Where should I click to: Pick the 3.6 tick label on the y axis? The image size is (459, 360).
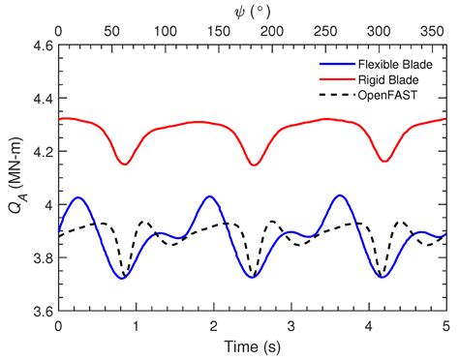pyautogui.click(x=40, y=311)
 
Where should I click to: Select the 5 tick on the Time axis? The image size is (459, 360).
pyautogui.click(x=446, y=325)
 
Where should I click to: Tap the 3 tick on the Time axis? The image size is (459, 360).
pyautogui.click(x=291, y=325)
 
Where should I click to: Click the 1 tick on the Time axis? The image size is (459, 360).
pyautogui.click(x=137, y=325)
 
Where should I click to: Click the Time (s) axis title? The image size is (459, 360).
pyautogui.click(x=252, y=345)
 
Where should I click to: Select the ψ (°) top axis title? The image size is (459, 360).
pyautogui.click(x=252, y=10)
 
